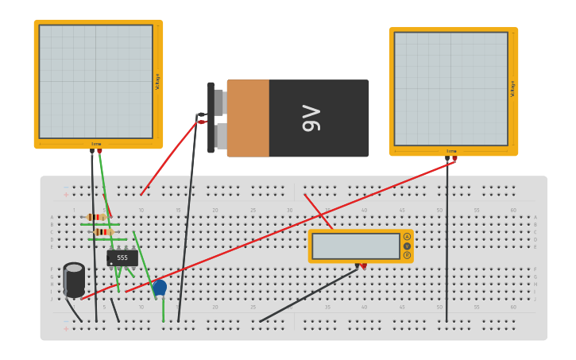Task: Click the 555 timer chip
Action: [x=122, y=257]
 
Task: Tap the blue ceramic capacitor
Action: [x=160, y=288]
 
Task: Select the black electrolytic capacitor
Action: [x=74, y=280]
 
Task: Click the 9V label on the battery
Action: [x=311, y=118]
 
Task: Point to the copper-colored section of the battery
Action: [x=248, y=118]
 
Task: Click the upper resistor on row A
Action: [x=96, y=217]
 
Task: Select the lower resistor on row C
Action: [x=101, y=232]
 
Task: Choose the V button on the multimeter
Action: [x=407, y=246]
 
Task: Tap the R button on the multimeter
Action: [x=407, y=255]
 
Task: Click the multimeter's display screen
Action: [x=355, y=246]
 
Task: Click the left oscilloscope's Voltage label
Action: [x=157, y=81]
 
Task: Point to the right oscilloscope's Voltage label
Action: [x=512, y=88]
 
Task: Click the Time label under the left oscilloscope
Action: [x=96, y=145]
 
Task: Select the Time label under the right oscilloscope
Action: [x=451, y=151]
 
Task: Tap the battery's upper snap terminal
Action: [x=219, y=102]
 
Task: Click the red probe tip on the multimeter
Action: [x=364, y=265]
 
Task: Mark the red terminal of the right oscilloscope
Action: [x=454, y=158]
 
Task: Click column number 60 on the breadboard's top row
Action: [x=513, y=211]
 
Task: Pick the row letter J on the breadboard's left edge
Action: [x=52, y=300]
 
